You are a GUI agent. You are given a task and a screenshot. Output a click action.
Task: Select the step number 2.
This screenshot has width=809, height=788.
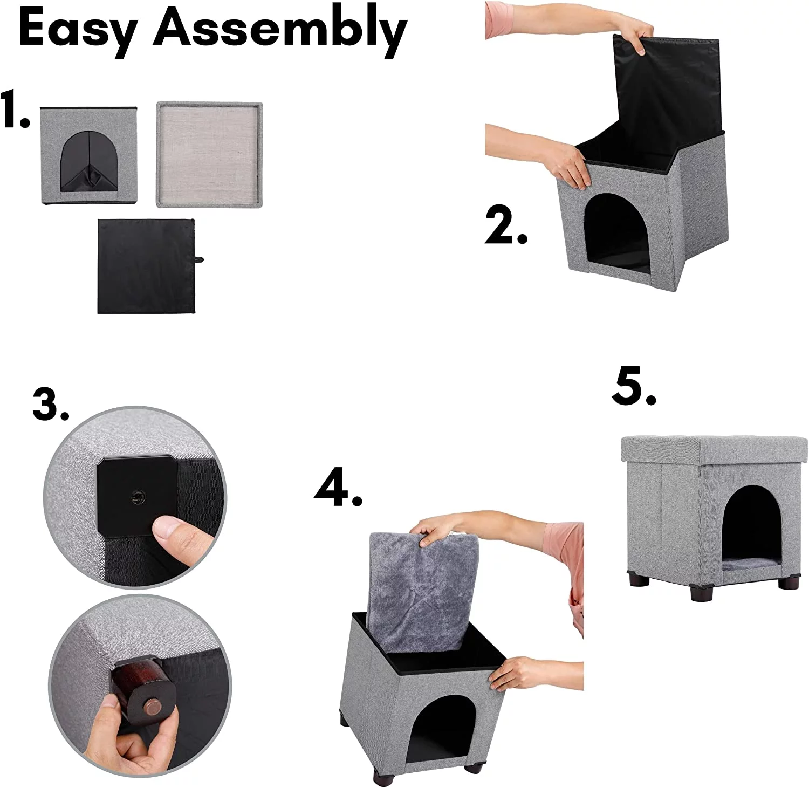click(x=505, y=226)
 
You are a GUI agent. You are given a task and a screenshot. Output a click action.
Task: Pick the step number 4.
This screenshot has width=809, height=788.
click(x=338, y=488)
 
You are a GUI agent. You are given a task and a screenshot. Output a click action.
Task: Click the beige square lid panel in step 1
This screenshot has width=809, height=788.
click(x=209, y=155)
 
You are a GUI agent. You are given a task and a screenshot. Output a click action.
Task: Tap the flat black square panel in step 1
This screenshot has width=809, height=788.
click(x=146, y=266)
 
